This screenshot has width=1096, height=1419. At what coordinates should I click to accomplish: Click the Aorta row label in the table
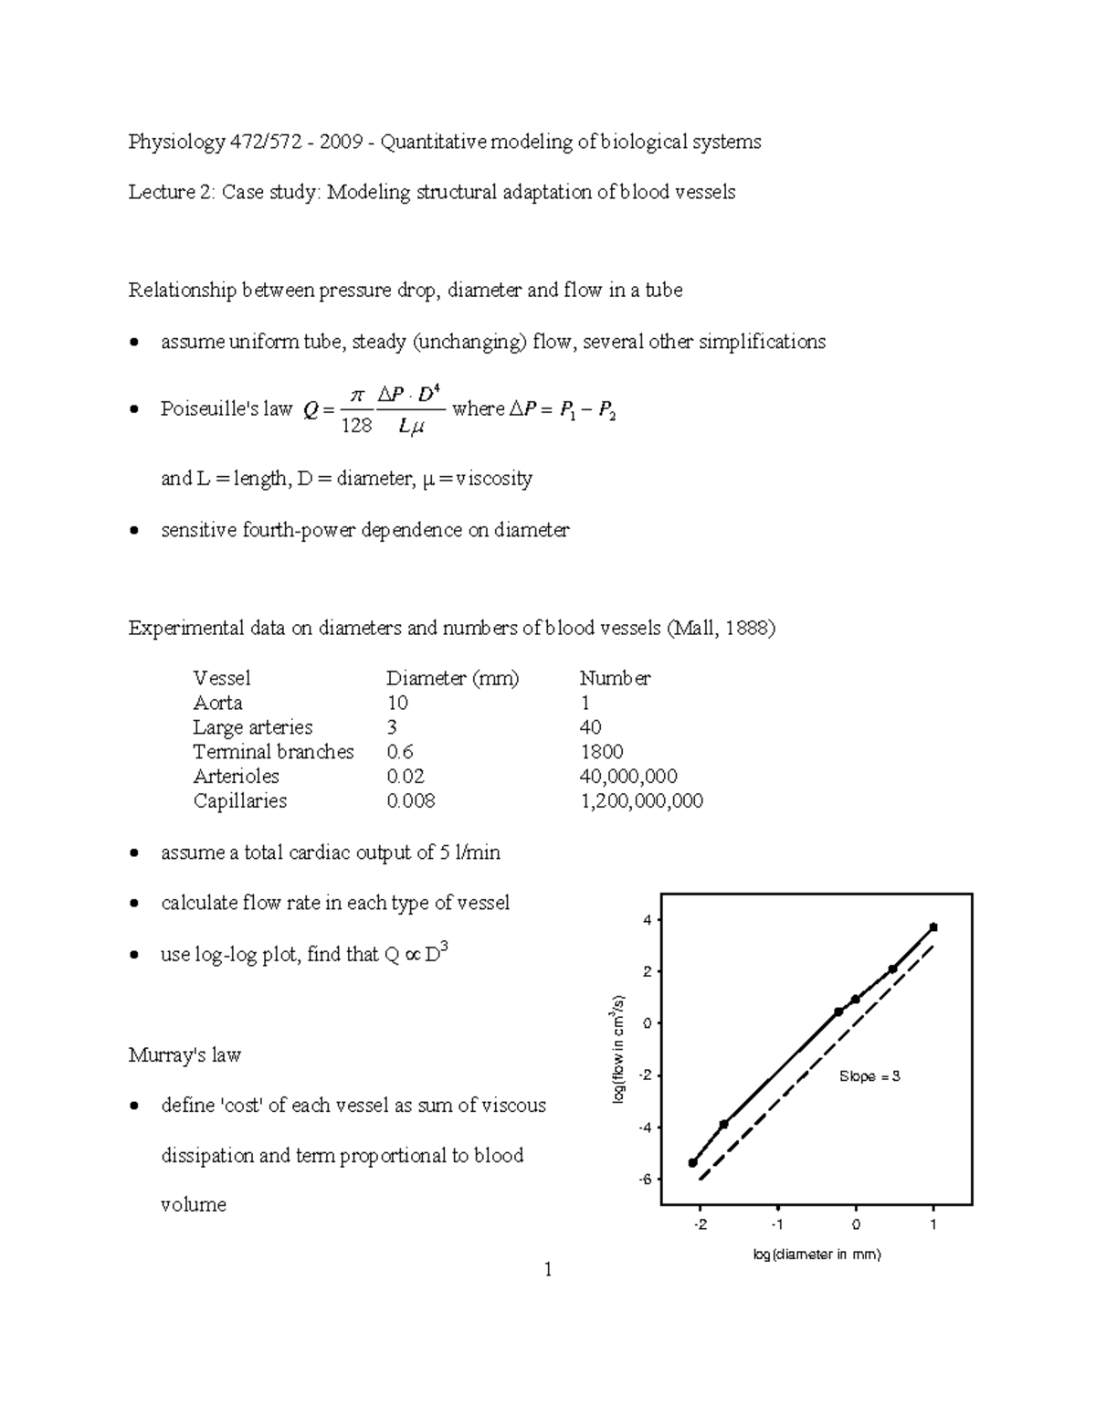pos(217,703)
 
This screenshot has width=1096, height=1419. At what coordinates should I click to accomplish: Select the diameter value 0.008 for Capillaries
pos(410,801)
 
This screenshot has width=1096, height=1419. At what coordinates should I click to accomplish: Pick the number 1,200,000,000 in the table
pos(641,801)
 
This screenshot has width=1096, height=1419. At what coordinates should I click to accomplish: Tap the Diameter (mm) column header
pos(452,678)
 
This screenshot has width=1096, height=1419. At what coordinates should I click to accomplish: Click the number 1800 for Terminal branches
pos(601,752)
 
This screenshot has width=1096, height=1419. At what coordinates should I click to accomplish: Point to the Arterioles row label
pos(236,777)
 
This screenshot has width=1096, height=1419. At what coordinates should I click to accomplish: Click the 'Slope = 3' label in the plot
pos(869,1076)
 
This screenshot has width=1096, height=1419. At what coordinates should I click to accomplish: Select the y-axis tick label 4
pos(647,920)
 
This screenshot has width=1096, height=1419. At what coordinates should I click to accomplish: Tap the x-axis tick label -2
pos(700,1224)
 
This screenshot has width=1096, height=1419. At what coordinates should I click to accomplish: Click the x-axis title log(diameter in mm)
pos(817,1255)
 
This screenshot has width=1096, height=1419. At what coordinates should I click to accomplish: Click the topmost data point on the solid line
pos(933,927)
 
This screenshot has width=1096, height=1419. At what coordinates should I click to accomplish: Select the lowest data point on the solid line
pos(692,1162)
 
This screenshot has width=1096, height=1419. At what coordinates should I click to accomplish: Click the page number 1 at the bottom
pos(547,1269)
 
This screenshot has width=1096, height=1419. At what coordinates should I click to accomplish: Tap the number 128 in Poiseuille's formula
pos(356,425)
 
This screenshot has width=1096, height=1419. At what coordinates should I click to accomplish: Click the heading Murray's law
pos(184,1055)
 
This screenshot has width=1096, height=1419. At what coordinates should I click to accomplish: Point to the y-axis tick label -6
pos(647,1180)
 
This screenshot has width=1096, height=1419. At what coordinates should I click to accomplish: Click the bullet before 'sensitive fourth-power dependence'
pos(134,531)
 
